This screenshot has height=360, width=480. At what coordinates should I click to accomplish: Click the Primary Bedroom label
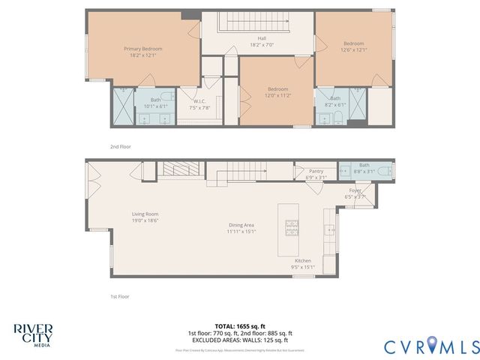142,52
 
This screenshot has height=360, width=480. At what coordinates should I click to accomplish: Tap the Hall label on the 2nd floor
262,42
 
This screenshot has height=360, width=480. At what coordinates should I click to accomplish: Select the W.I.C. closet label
199,104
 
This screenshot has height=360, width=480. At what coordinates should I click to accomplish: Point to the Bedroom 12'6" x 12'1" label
353,46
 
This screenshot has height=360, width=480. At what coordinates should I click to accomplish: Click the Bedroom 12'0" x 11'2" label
276,92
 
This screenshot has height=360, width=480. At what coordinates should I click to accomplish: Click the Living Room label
145,217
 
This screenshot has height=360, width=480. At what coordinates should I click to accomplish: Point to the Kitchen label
303,264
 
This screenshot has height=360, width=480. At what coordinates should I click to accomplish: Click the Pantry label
316,174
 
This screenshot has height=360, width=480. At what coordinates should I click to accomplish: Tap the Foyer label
355,193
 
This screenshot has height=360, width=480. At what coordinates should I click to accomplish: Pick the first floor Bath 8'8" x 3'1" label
364,169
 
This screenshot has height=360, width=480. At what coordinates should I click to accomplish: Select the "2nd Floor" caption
120,146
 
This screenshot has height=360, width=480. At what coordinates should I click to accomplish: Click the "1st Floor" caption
119,296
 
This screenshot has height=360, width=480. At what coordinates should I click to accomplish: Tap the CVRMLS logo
432,346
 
